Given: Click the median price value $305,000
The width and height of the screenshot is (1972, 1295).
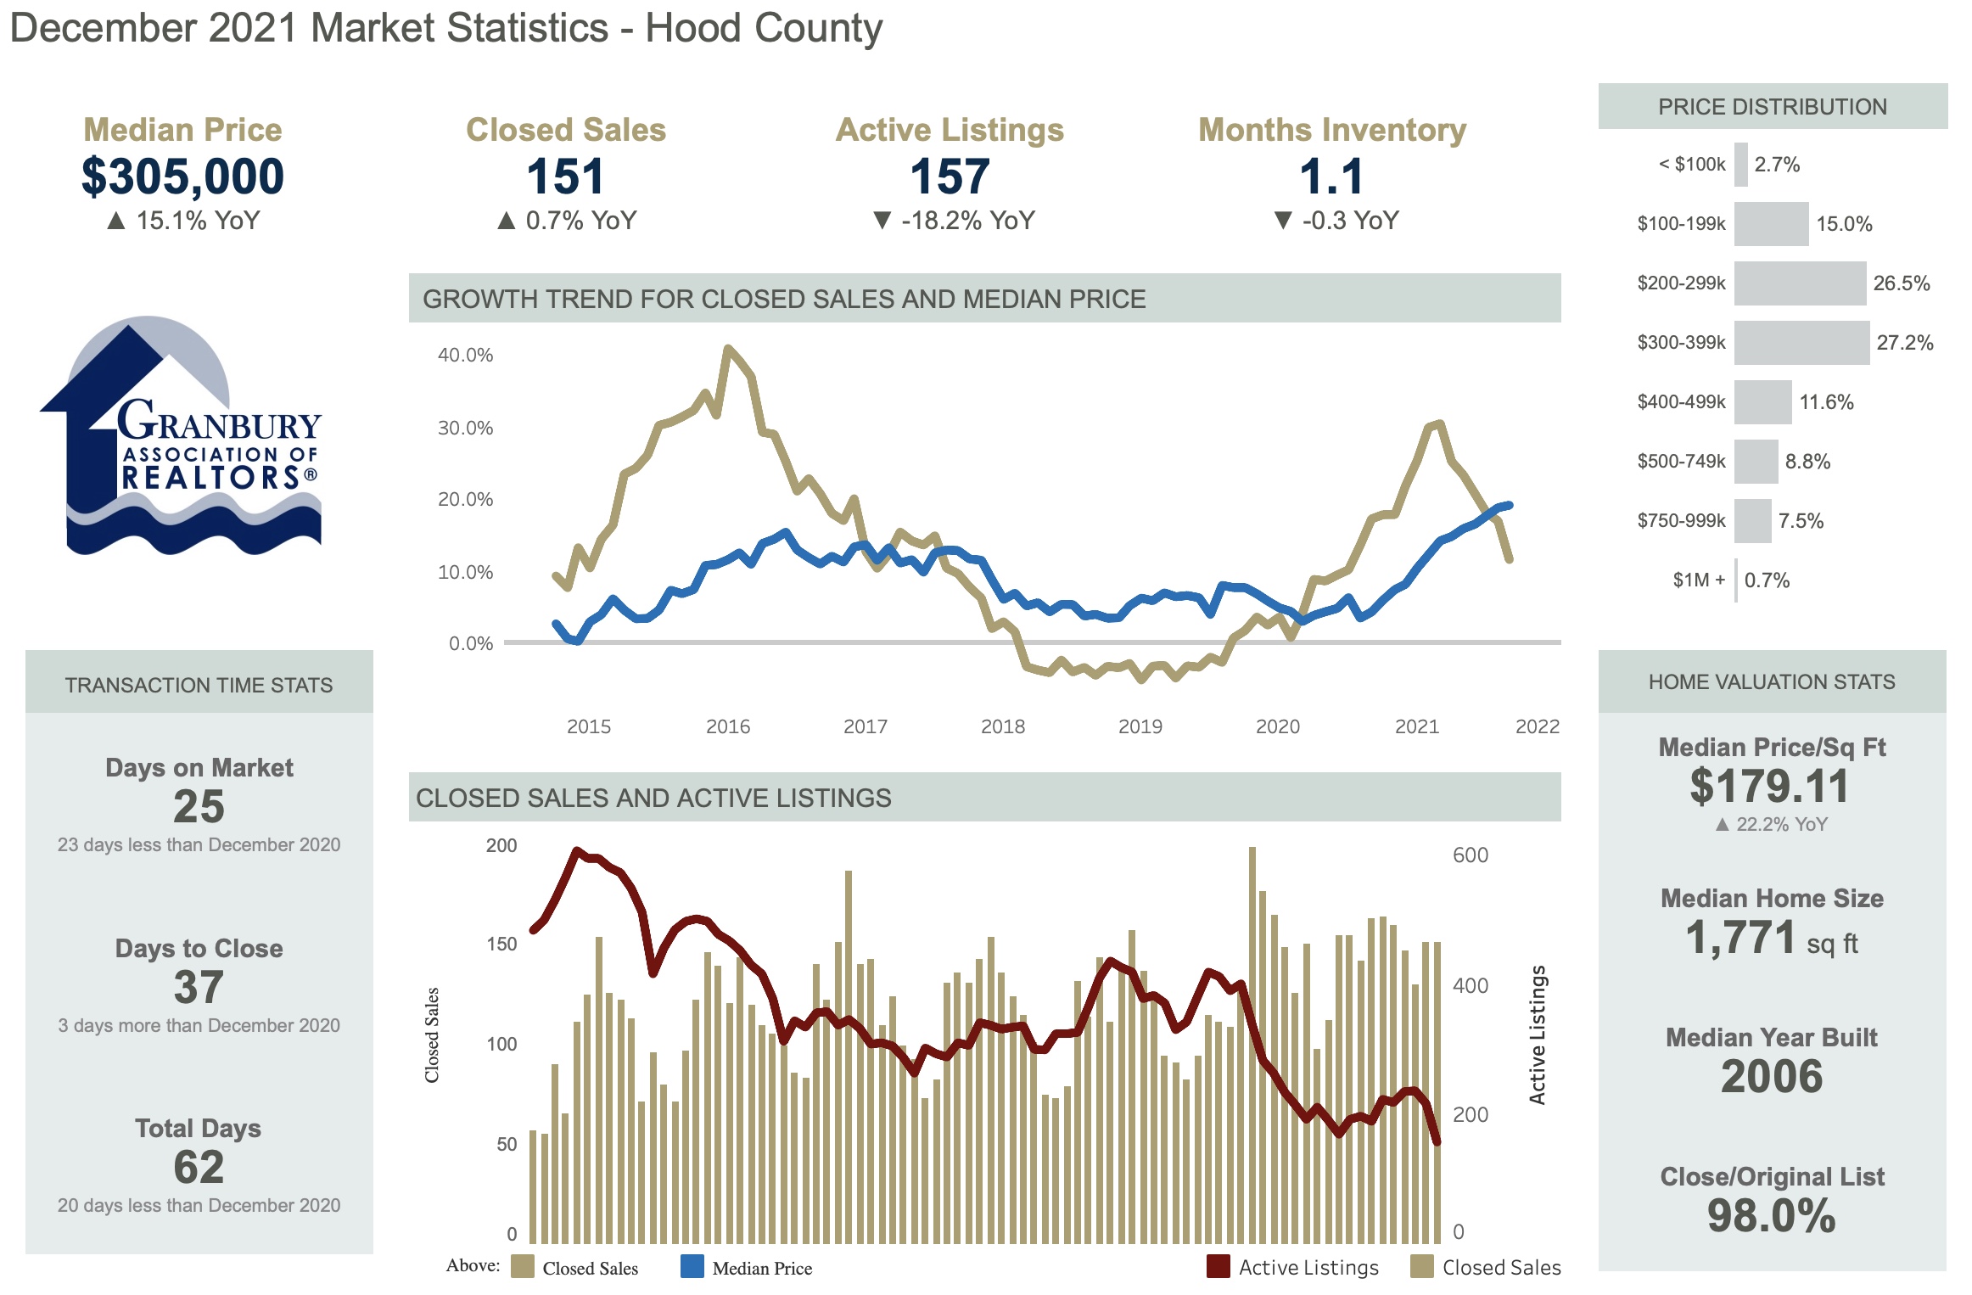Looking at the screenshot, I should (182, 177).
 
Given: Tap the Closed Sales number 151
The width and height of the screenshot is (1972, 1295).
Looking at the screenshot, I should (565, 177).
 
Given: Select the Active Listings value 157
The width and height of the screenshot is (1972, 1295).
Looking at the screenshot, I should (950, 177).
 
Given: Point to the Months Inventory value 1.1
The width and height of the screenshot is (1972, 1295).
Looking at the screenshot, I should (1331, 177).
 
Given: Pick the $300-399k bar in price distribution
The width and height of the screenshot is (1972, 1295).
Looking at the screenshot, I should (1801, 343).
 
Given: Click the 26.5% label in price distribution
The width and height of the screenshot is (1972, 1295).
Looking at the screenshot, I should (1901, 283).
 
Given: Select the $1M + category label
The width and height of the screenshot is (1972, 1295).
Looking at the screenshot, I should (1698, 580).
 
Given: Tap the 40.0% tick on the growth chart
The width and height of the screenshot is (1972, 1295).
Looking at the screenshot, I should (465, 356).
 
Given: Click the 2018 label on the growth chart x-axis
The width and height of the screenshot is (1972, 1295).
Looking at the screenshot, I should (1002, 726).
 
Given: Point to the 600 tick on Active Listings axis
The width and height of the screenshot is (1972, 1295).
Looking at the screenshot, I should (1470, 855).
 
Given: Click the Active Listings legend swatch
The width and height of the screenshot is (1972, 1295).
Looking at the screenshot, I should (1218, 1267).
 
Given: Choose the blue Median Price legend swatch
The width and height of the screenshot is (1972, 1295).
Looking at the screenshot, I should (692, 1267).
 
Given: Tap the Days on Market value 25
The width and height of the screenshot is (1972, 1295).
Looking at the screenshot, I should (199, 806).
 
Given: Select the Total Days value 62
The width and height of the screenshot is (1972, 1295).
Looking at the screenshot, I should (199, 1167).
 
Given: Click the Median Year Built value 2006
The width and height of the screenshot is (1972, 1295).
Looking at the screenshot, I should (1771, 1077).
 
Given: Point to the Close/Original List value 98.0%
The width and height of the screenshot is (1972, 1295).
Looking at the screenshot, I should (1771, 1216).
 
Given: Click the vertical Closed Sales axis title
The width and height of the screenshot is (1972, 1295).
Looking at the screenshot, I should (432, 1034).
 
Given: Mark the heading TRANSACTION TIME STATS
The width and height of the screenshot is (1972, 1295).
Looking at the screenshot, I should (199, 685).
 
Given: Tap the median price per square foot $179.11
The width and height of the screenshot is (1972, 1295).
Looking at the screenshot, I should (1769, 786).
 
